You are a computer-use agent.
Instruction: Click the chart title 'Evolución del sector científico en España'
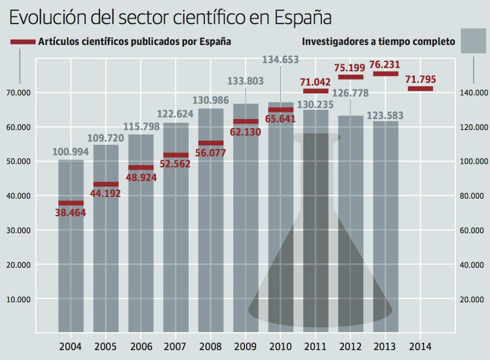pos(170,18)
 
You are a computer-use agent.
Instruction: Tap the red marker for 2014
pos(420,88)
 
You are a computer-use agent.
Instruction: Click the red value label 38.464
pos(71,213)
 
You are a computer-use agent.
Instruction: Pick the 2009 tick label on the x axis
pos(246,347)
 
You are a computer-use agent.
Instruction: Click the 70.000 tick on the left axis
pos(18,93)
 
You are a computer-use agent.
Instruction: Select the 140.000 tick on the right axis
pos(472,93)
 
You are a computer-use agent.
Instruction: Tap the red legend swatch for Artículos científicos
pos(23,42)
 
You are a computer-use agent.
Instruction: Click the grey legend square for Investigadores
pos(474,41)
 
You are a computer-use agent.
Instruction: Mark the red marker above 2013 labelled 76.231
pos(386,74)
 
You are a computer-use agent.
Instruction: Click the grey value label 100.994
pos(71,152)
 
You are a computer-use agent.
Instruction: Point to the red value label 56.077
pos(210,153)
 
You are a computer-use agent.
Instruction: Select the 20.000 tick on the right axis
pos(472,300)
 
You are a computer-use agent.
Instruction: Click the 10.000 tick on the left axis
pos(18,300)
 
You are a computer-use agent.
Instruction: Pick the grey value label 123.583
pos(386,116)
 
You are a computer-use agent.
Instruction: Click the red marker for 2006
pos(141,167)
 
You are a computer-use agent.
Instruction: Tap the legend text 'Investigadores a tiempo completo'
pos(378,42)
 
